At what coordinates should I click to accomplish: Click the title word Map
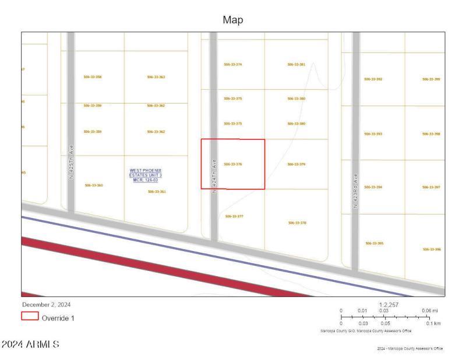(233, 20)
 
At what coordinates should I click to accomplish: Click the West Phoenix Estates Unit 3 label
(146, 175)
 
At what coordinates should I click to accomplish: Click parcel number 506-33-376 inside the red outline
(232, 164)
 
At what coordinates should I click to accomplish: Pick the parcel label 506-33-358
(93, 77)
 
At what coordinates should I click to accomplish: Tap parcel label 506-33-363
(156, 77)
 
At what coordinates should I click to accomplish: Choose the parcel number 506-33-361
(157, 191)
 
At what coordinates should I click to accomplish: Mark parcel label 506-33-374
(232, 64)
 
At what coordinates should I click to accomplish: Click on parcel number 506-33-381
(296, 64)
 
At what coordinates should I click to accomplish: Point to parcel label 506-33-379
(296, 164)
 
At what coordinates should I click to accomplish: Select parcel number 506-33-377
(234, 216)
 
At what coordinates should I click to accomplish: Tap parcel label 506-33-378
(297, 223)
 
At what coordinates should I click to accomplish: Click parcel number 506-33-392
(373, 79)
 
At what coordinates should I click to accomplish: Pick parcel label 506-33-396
(432, 249)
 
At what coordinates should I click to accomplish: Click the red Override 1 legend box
(30, 317)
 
